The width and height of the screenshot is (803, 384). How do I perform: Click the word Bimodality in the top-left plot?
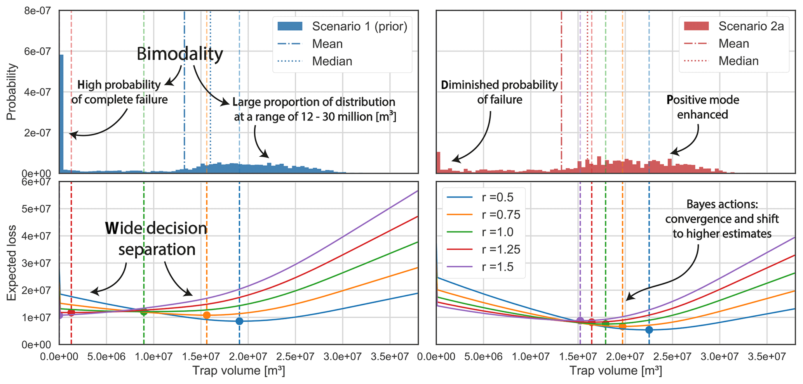click(x=179, y=54)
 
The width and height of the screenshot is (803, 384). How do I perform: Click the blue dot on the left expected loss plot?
click(x=239, y=321)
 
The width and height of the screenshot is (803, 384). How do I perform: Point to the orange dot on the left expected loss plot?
click(x=207, y=315)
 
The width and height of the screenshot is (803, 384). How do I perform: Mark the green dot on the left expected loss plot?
click(x=144, y=311)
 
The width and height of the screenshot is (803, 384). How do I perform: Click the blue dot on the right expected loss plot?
click(x=649, y=330)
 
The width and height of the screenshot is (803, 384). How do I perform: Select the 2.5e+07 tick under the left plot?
click(x=295, y=356)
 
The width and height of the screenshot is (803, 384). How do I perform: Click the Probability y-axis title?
click(x=12, y=92)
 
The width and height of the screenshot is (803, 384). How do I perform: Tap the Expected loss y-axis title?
click(x=12, y=263)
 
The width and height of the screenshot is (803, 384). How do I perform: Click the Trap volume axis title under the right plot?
click(x=615, y=371)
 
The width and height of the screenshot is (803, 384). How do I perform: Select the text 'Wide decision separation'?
click(x=156, y=239)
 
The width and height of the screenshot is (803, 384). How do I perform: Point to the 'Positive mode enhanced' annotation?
click(x=702, y=107)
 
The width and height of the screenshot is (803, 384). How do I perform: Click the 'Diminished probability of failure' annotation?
click(x=499, y=92)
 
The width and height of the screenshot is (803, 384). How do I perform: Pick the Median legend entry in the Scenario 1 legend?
click(x=332, y=61)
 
